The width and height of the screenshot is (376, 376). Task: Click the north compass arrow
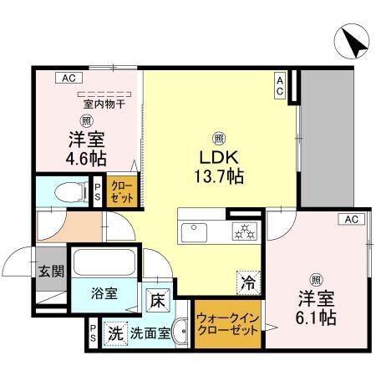pyautogui.click(x=352, y=41)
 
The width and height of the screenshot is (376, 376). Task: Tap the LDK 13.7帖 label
pyautogui.click(x=220, y=165)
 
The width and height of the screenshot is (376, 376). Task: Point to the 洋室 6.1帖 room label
pyautogui.click(x=317, y=307)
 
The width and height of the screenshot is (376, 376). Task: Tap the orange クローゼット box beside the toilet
pyautogui.click(x=121, y=193)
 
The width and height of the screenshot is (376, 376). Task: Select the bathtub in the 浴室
pyautogui.click(x=103, y=262)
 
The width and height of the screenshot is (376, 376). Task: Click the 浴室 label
pyautogui.click(x=104, y=295)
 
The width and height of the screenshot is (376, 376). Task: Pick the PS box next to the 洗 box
pyautogui.click(x=91, y=333)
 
